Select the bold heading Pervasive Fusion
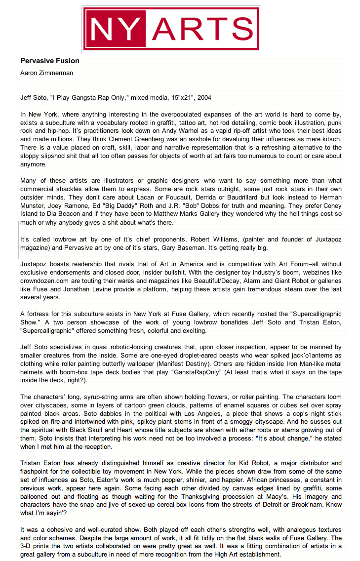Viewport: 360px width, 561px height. [49, 61]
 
